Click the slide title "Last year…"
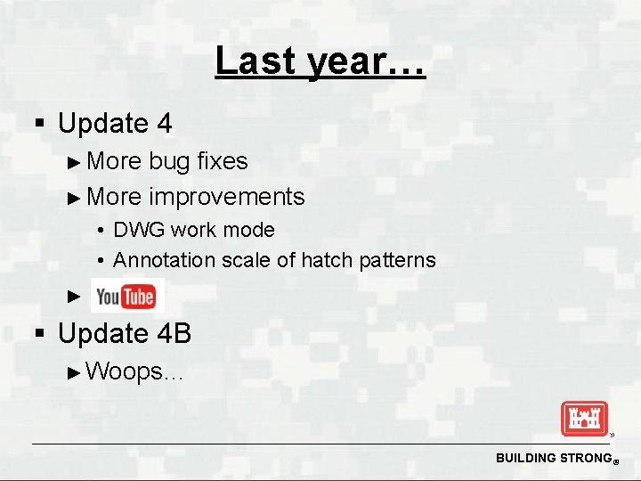coord(320,62)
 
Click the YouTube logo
coord(126,297)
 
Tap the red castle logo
coord(583,419)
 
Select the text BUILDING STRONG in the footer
coord(550,458)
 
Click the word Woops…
coord(135,371)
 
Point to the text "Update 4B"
coord(125,333)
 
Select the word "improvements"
coord(227,197)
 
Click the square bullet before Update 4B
coord(38,334)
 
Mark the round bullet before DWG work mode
coord(102,231)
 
